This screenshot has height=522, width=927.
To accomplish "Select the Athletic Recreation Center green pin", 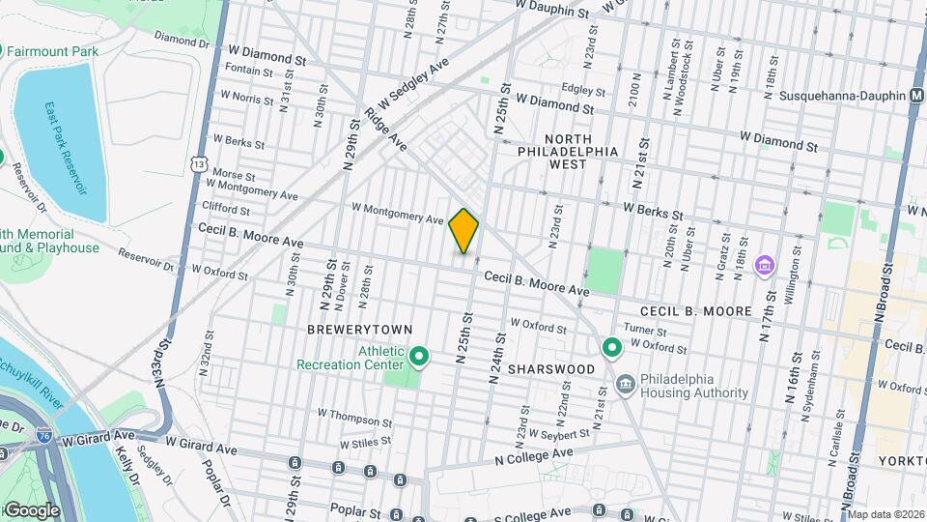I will click(x=419, y=358).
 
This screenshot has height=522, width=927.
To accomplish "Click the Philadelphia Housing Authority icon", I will click(x=626, y=386).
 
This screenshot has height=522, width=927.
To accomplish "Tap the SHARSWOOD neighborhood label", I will click(x=551, y=369).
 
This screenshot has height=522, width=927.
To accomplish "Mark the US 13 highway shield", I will click(x=198, y=165).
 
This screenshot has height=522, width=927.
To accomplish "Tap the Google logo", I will click(x=31, y=510).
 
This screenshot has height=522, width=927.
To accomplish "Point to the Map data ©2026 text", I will click(x=885, y=513).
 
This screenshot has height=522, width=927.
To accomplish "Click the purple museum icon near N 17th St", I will click(x=766, y=264).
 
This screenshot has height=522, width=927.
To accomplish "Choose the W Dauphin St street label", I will click(x=551, y=9).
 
